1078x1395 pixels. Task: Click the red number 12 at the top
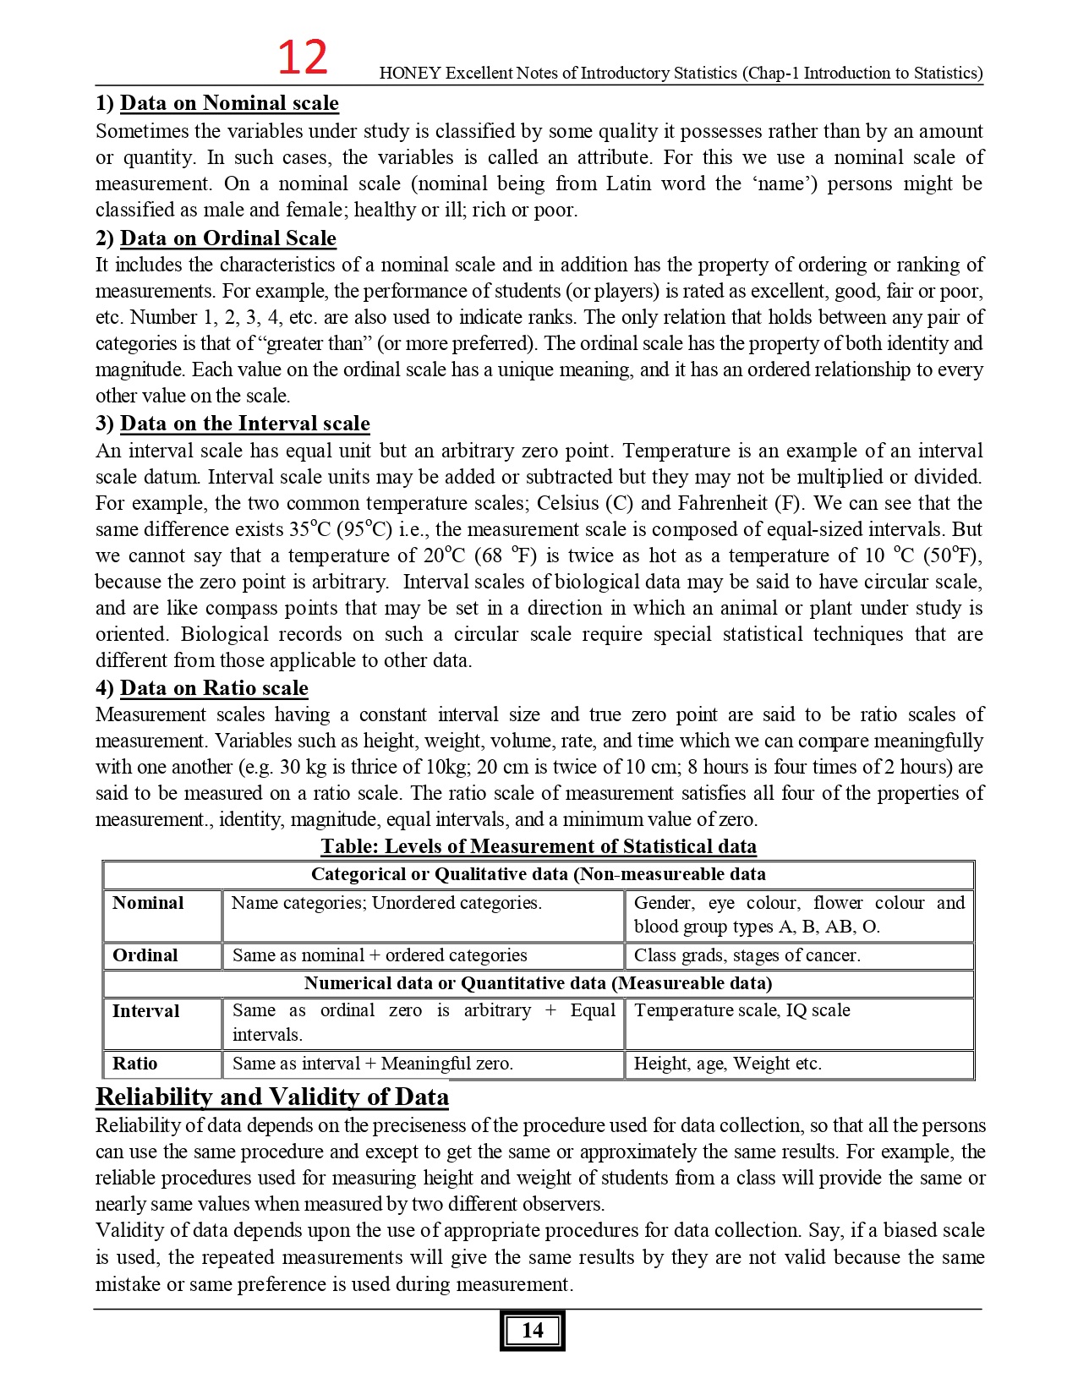click(x=302, y=57)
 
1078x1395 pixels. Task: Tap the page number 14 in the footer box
click(x=532, y=1330)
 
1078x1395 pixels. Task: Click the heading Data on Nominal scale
click(x=228, y=103)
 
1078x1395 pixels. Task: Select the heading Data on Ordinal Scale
click(x=227, y=238)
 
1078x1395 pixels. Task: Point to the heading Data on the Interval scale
click(x=244, y=424)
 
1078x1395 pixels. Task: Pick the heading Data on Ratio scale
click(x=214, y=688)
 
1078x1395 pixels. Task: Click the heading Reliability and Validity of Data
click(x=271, y=1097)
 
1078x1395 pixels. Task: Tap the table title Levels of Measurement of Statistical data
click(x=539, y=846)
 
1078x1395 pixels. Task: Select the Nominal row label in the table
click(x=148, y=903)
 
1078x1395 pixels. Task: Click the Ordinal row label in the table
click(x=145, y=955)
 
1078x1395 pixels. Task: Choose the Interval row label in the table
click(x=145, y=1011)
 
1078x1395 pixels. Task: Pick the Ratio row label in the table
click(x=135, y=1064)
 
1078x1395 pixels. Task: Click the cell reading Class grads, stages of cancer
click(x=747, y=955)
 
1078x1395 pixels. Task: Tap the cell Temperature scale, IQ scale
click(x=741, y=1010)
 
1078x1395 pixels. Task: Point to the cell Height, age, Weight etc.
click(x=727, y=1064)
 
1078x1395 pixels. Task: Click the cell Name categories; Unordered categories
click(x=386, y=903)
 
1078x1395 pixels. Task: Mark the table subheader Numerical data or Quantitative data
click(x=538, y=983)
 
